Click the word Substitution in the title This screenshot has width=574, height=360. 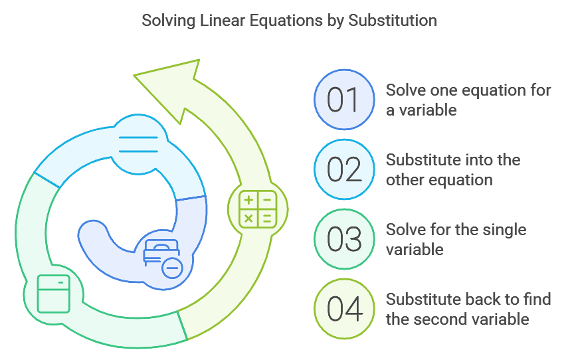pyautogui.click(x=394, y=21)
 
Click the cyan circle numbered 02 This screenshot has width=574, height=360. pyautogui.click(x=343, y=169)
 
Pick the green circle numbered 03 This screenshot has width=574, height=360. pyautogui.click(x=343, y=239)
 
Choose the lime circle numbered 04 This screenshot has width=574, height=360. pyautogui.click(x=343, y=309)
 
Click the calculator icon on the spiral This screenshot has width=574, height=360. pyautogui.click(x=258, y=209)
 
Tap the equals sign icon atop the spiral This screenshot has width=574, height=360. pyautogui.click(x=138, y=145)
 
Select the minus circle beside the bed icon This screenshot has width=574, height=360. pyautogui.click(x=172, y=268)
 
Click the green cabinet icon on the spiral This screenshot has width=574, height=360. pyautogui.click(x=54, y=293)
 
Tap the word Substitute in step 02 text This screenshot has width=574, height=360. pyautogui.click(x=419, y=160)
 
